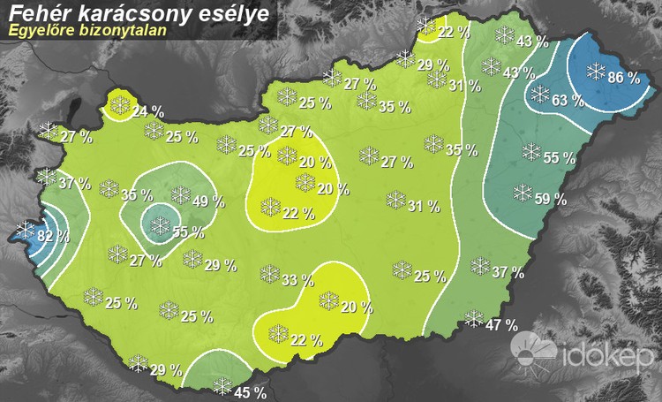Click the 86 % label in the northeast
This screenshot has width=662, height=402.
point(623,78)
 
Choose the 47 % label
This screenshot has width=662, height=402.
point(501,324)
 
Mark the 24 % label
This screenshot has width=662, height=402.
point(147,111)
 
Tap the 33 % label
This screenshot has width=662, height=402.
point(297,281)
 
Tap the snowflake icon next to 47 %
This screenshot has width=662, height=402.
point(475,319)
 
